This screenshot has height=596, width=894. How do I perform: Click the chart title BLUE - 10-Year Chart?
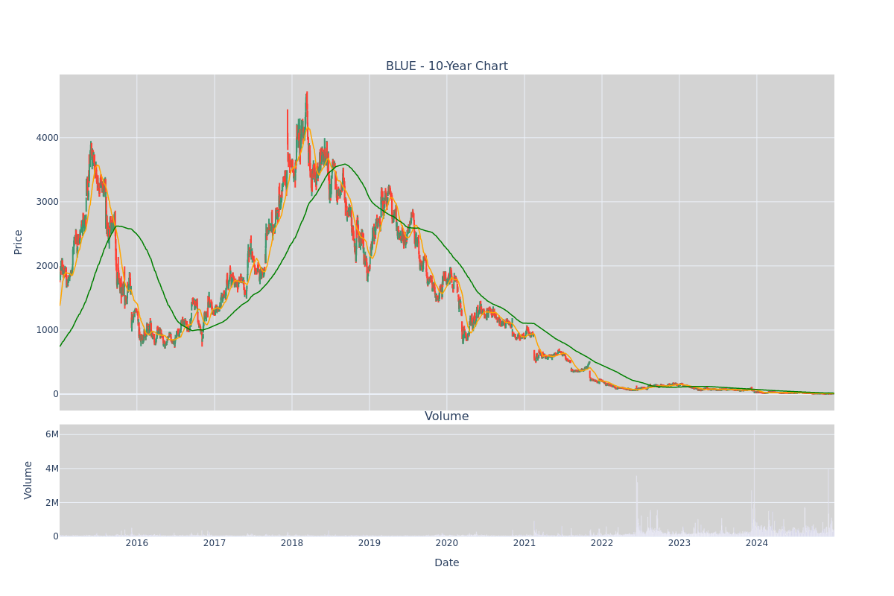[x=446, y=66]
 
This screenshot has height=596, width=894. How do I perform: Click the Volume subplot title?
[x=446, y=416]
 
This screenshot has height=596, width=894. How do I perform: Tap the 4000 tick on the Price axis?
[x=47, y=138]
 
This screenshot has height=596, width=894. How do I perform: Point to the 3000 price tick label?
[x=47, y=202]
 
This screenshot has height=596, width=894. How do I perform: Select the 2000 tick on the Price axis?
[x=47, y=266]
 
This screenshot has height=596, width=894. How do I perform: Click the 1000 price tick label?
[x=47, y=330]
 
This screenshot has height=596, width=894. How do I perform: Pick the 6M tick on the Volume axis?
[x=52, y=434]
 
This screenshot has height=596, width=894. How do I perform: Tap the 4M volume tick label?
[x=52, y=469]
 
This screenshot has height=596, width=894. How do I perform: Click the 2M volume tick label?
[x=52, y=503]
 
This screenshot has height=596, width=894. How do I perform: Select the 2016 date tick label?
[x=137, y=543]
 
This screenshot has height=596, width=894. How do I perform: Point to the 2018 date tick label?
[x=292, y=543]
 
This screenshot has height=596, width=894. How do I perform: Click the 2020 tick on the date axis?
[x=447, y=543]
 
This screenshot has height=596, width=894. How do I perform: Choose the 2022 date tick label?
[x=602, y=543]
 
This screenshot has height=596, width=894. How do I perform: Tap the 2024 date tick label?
[x=757, y=543]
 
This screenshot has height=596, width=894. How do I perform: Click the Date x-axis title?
[x=446, y=563]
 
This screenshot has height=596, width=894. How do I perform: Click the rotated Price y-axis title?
[x=18, y=242]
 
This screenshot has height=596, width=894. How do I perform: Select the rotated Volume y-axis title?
[x=28, y=481]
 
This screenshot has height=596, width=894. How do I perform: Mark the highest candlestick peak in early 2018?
[x=307, y=92]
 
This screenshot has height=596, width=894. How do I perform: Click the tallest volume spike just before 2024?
[x=754, y=431]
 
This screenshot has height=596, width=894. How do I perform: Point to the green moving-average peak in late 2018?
[x=345, y=164]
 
